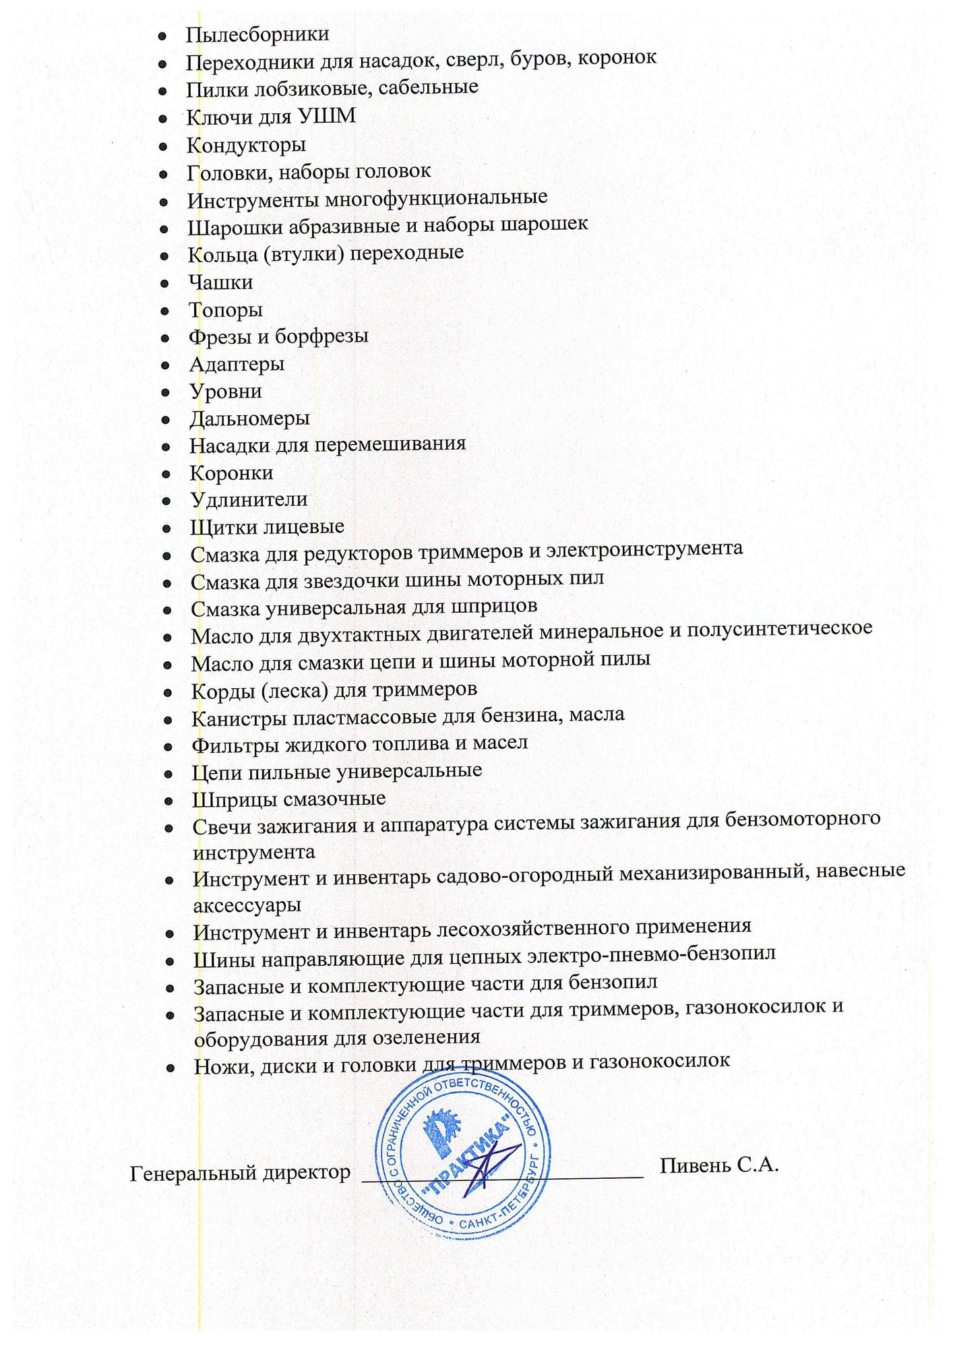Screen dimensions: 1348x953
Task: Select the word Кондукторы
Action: click(x=246, y=145)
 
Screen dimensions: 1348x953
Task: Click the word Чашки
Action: click(x=220, y=282)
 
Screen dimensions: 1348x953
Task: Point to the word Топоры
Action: click(x=225, y=310)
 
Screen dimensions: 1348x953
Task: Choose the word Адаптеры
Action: click(x=237, y=365)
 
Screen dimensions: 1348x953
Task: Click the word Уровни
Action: click(x=225, y=392)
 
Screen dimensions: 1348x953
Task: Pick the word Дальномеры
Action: click(x=249, y=419)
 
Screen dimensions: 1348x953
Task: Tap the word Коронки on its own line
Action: click(x=231, y=473)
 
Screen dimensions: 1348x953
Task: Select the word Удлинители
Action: click(x=248, y=500)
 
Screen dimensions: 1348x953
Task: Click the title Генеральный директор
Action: click(x=240, y=1173)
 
